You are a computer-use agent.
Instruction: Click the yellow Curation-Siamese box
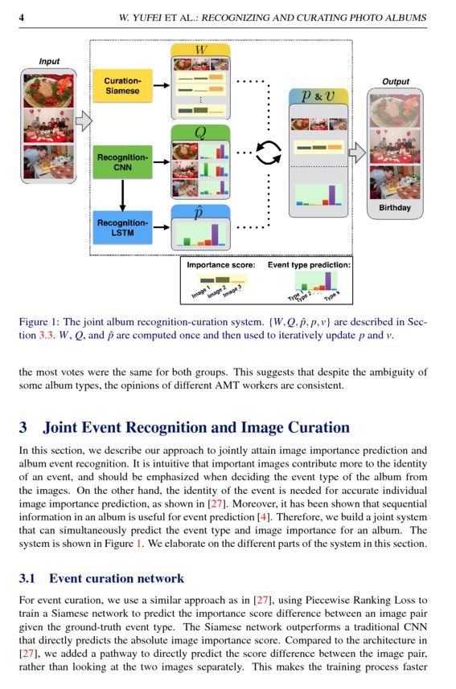122,86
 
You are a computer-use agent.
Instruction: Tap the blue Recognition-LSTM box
122,227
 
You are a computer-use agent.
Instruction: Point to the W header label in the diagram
200,50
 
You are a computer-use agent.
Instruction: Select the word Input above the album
49,61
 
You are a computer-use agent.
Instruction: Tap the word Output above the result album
395,81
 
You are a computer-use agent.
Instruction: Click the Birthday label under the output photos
395,208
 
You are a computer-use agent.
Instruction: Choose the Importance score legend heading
220,264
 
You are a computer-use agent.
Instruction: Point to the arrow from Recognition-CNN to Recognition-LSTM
122,193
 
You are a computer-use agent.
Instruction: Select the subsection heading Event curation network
117,578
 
